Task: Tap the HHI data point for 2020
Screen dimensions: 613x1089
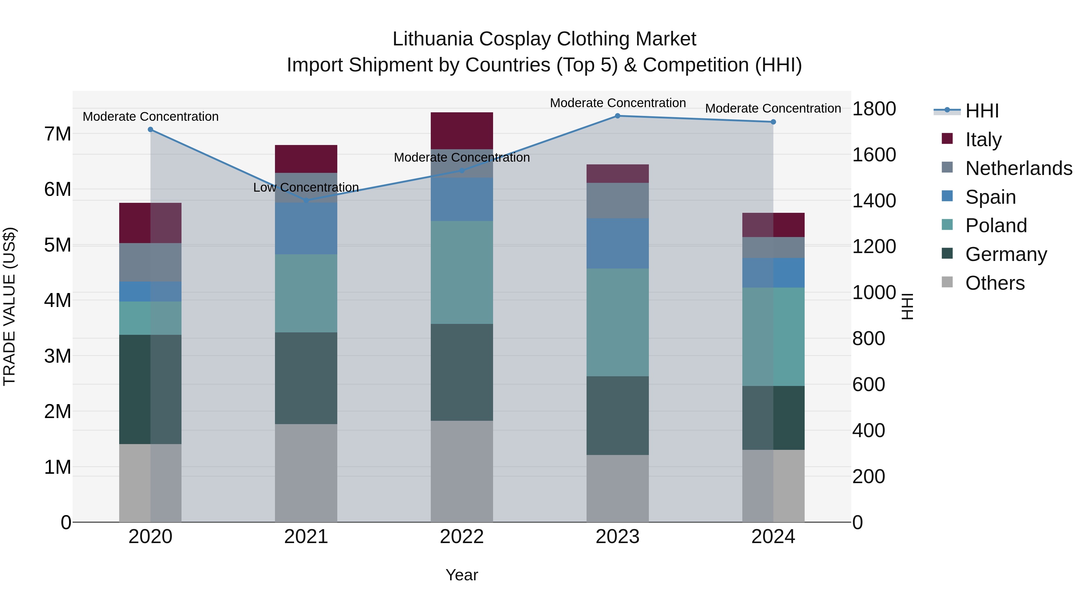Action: click(x=151, y=130)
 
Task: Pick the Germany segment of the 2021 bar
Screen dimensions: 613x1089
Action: click(x=306, y=378)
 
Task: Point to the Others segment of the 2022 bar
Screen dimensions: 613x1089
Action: click(x=462, y=471)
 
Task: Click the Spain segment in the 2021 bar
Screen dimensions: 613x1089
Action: click(x=306, y=229)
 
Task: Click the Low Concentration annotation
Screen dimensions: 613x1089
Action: click(x=306, y=187)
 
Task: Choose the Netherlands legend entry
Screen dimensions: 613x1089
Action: click(x=1019, y=168)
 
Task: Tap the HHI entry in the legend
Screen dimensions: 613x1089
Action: click(x=982, y=111)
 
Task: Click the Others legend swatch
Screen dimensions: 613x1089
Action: click(x=947, y=282)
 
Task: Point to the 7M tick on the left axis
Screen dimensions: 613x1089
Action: click(x=57, y=134)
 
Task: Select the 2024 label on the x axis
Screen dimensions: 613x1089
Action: click(x=773, y=537)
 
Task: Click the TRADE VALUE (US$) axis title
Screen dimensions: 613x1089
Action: click(x=9, y=306)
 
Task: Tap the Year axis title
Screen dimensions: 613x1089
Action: click(x=462, y=575)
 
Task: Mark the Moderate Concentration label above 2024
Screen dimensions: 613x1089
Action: click(x=773, y=108)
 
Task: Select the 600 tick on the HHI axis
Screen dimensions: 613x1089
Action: click(x=868, y=384)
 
